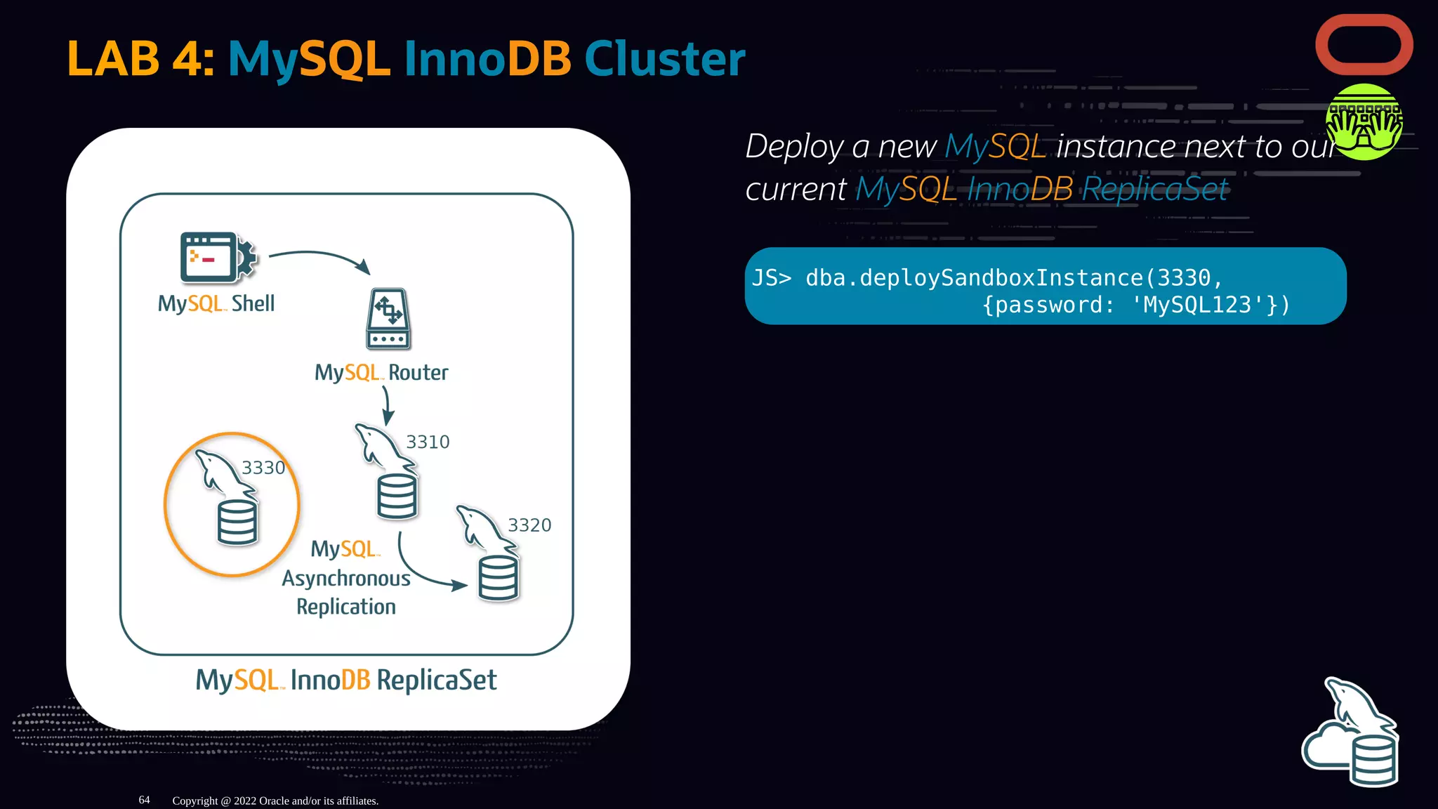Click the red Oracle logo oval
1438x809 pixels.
(1364, 45)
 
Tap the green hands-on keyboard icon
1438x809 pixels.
(1364, 122)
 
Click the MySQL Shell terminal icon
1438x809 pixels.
(217, 258)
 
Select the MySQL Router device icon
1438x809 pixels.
(388, 319)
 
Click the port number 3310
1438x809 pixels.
(428, 442)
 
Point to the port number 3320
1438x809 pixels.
(529, 525)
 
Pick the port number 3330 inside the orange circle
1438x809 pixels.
(263, 468)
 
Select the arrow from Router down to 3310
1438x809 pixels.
(386, 406)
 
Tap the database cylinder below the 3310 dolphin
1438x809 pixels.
(397, 496)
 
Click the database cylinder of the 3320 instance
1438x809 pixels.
(499, 578)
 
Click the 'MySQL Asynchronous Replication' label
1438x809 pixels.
(346, 578)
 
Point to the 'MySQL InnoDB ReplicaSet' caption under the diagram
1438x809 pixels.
(346, 680)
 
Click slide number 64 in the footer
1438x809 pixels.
(144, 800)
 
